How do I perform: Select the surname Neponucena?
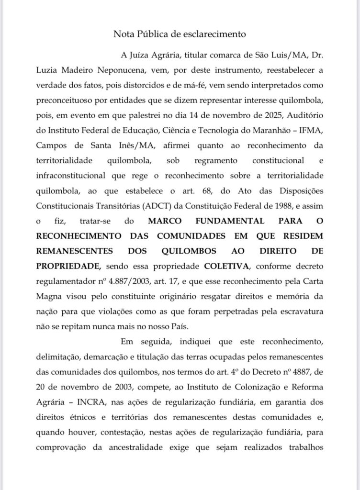126,71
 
